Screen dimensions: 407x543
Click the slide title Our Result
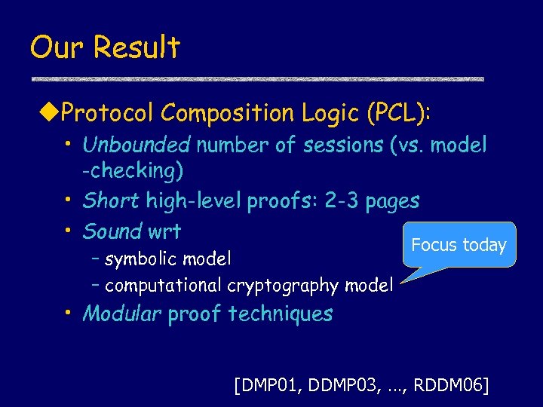(105, 48)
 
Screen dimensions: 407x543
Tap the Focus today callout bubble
(459, 245)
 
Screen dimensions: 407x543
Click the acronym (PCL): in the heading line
(397, 113)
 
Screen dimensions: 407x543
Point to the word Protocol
(108, 113)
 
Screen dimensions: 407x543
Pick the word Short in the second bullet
(110, 200)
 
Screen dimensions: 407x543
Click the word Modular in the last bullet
(121, 314)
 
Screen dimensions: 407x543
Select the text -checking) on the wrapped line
(133, 171)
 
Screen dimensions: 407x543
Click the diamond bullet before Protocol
(53, 114)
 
